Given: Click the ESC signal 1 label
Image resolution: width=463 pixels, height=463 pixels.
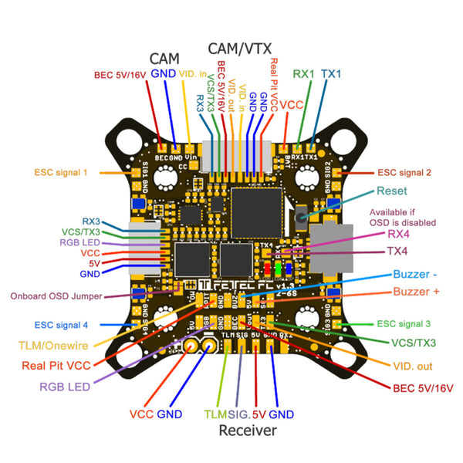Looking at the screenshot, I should pyautogui.click(x=62, y=172).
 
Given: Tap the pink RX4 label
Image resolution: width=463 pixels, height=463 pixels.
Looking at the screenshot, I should pyautogui.click(x=399, y=234).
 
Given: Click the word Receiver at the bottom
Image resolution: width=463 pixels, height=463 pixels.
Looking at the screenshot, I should pyautogui.click(x=247, y=431).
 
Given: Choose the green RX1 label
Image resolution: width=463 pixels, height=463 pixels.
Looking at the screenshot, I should pyautogui.click(x=304, y=74).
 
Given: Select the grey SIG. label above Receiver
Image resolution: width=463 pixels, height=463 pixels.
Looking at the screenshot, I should pyautogui.click(x=238, y=414).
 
